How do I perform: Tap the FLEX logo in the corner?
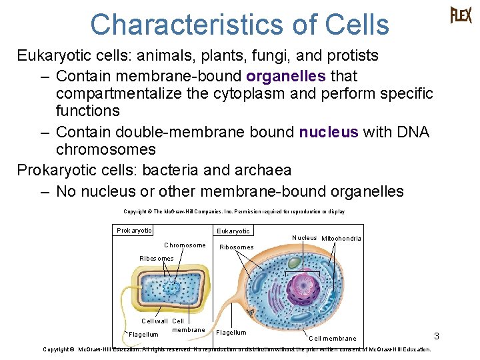click(x=461, y=15)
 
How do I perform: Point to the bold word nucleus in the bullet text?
click(x=329, y=132)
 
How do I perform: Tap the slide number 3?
click(x=437, y=335)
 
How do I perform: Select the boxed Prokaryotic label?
click(x=134, y=231)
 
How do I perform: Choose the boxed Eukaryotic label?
click(x=233, y=231)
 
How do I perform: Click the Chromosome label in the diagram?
click(x=185, y=245)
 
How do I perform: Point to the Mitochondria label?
click(x=341, y=239)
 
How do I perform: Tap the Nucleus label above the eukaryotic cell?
click(x=305, y=238)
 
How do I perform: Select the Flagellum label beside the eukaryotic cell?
click(x=231, y=332)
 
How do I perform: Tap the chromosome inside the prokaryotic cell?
click(x=173, y=289)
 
